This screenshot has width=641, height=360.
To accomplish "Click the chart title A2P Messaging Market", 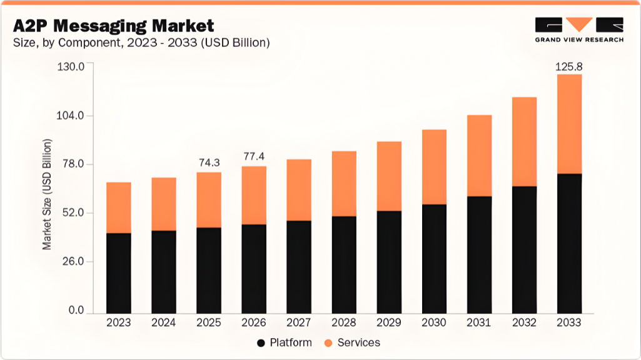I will pos(113,26).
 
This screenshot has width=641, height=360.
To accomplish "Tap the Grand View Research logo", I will pos(578,29).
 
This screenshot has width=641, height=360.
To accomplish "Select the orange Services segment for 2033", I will pos(569,124).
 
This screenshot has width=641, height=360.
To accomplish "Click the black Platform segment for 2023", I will pos(119,272).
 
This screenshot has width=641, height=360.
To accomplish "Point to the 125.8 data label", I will pos(569,66).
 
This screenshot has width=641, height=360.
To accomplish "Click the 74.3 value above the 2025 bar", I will pos(209,162).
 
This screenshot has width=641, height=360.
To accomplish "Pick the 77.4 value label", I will pos(254,156).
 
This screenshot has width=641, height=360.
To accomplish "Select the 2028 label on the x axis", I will pos(343,323).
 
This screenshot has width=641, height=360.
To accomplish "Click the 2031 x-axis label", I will pos(478,323).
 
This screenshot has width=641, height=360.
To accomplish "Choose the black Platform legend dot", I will pos(260,343).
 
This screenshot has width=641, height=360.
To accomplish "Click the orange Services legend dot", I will pos(328,343).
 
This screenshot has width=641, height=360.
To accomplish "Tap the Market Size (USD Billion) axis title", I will pos(47,194).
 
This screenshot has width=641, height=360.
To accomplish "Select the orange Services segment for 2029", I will pos(389,176).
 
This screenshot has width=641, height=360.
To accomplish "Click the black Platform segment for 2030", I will pos(434,258).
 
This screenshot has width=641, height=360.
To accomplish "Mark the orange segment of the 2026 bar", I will pos(254,195).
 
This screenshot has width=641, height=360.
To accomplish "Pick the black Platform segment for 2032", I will pos(524,249).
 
